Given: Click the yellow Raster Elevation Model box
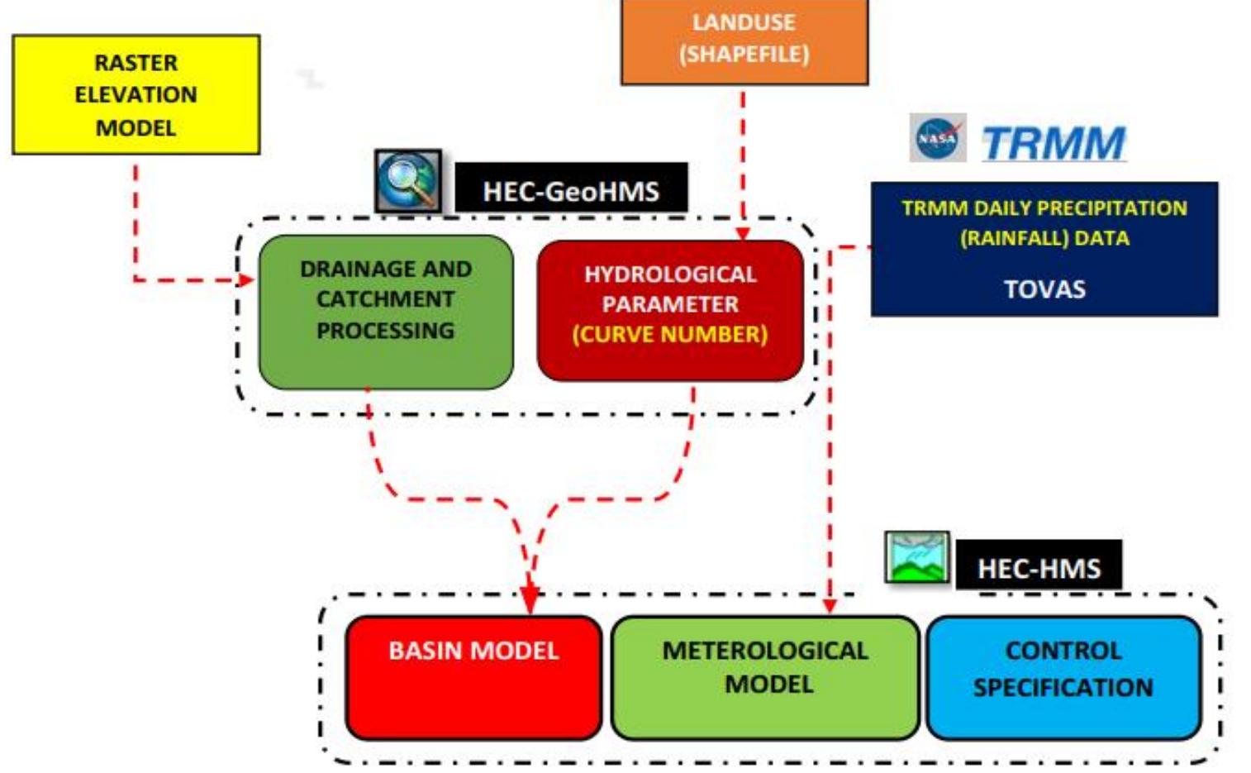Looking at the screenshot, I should [x=136, y=94].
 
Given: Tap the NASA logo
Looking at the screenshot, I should [x=938, y=138].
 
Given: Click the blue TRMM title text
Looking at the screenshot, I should [x=1054, y=143].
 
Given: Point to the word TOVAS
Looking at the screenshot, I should [x=1044, y=289].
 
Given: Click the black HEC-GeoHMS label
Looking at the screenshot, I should [x=571, y=190].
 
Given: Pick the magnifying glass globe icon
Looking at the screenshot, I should [x=407, y=181].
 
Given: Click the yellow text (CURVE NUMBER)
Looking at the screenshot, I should [x=670, y=334].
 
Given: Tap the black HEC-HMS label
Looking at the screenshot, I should [x=1039, y=567].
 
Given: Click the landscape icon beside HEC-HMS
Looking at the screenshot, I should [x=917, y=557].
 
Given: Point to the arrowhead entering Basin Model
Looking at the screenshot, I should [x=530, y=601].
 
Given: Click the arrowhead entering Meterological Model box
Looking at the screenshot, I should [x=830, y=606].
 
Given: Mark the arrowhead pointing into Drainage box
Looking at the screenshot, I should [x=246, y=280].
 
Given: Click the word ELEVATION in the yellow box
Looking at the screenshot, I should [x=136, y=94].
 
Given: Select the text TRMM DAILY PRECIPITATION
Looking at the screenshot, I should [x=1044, y=208].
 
